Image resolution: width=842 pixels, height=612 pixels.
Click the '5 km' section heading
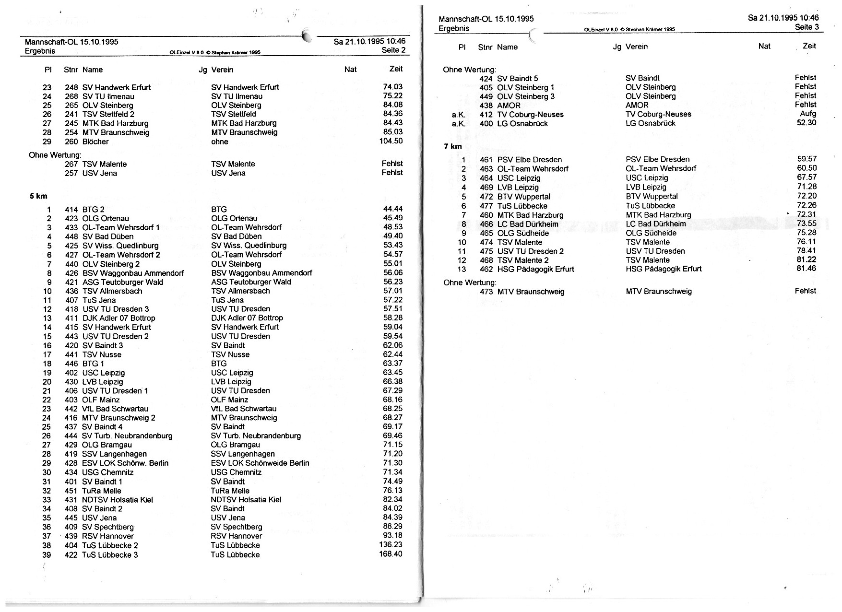pos(38,196)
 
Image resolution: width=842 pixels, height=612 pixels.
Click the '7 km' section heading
pos(452,146)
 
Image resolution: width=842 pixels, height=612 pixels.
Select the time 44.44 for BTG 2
pos(392,209)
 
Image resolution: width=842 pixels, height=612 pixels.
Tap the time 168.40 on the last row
pos(391,554)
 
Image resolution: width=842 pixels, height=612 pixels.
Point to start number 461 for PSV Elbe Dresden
pos(486,160)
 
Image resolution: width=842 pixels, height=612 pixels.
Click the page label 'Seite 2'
pos(393,50)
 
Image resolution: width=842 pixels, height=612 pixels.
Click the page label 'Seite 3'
pos(807,27)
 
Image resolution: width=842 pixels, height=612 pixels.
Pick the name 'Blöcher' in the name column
pos(95,141)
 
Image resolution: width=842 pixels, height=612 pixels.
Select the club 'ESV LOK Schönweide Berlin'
pos(260,463)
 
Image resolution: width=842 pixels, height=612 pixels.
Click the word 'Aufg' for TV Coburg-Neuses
pos(808,114)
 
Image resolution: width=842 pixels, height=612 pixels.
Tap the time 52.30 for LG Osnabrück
pos(806,123)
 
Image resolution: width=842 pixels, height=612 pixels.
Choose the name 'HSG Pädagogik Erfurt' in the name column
pos(535,269)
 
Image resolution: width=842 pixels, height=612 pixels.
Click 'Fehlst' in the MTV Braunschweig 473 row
pos(805,291)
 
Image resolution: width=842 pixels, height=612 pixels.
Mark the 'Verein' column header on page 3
pos(637,47)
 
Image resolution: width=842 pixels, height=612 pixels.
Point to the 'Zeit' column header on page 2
pos(396,69)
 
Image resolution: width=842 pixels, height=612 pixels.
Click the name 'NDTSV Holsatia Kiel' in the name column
pos(118,500)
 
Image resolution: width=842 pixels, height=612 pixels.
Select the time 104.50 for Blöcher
pos(391,141)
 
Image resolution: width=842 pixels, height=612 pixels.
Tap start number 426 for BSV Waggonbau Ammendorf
pos(71,273)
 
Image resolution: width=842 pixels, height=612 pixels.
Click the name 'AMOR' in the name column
pos(509,106)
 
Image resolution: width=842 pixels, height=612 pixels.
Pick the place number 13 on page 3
pos(462,269)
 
